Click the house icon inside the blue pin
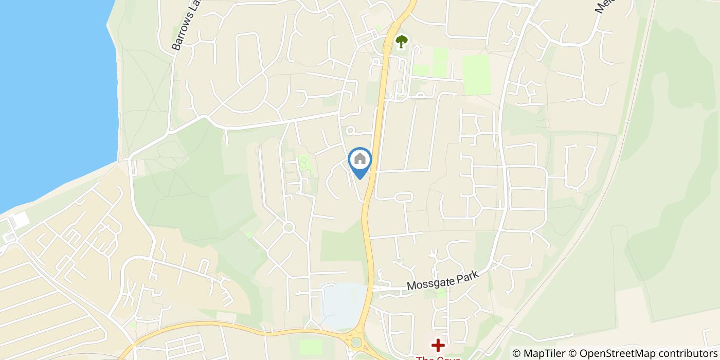coord(360,159)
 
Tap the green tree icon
coord(401,41)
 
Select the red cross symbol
coord(438,345)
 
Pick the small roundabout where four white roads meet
coord(288,227)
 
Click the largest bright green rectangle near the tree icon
coord(476,75)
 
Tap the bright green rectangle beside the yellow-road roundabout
coord(310,347)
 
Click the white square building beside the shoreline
coord(21,220)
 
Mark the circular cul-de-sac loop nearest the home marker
coord(350,131)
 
